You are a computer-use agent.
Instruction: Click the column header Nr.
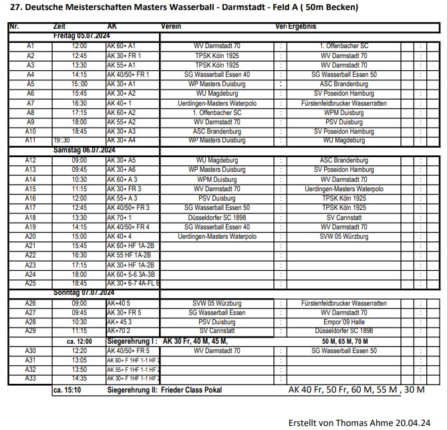15,26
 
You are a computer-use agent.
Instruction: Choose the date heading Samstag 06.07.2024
84,151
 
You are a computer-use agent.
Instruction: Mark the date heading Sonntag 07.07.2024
84,294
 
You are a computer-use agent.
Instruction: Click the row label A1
30,46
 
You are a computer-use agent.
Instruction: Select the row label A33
30,379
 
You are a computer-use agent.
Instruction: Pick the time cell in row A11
61,141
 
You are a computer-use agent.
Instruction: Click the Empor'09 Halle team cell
343,322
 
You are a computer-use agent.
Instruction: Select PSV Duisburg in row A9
343,122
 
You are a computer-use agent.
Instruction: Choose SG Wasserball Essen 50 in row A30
343,350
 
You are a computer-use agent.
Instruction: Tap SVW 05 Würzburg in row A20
343,237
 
